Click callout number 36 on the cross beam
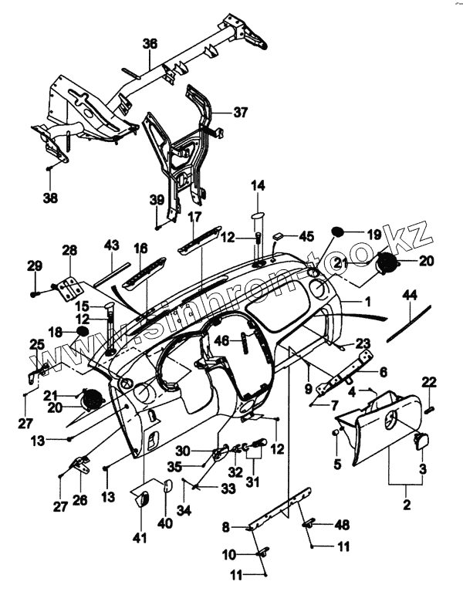150,43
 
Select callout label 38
50,198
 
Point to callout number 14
258,186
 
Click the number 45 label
306,235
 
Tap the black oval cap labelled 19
337,232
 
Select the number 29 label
34,266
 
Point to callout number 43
111,245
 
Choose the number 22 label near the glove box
430,380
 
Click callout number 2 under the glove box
407,507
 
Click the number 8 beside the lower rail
226,527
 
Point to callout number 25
36,343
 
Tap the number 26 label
80,500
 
